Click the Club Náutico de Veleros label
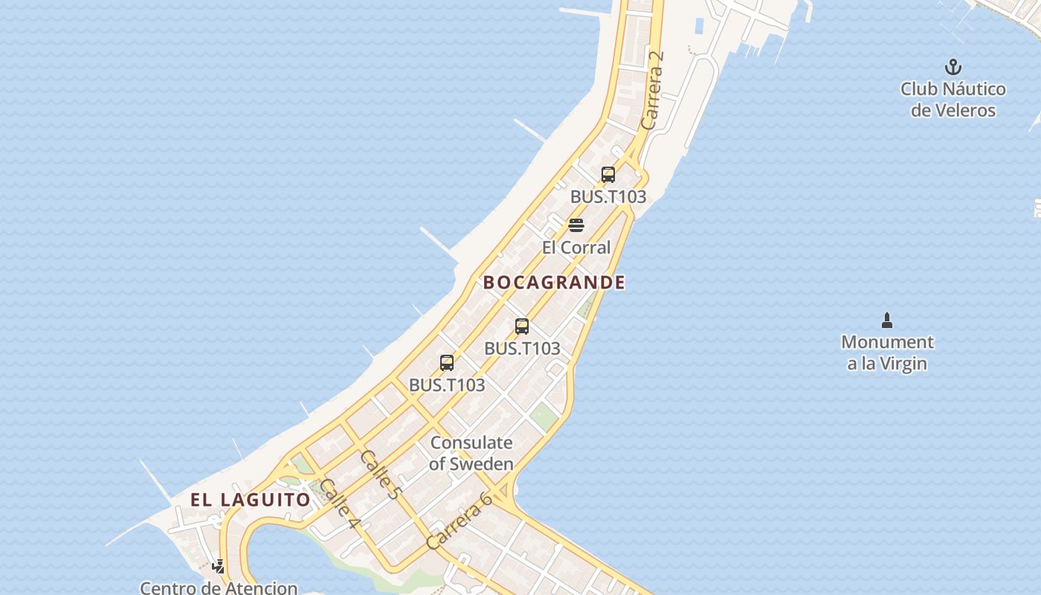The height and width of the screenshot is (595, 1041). (953, 100)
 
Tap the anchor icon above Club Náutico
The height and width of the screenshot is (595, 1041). (953, 68)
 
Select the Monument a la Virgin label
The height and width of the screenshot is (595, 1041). (887, 353)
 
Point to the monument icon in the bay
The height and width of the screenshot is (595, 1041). (886, 321)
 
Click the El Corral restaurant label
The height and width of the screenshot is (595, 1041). (576, 248)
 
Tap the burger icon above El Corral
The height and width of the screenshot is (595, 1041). (576, 225)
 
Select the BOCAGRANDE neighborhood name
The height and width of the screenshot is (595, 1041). (554, 283)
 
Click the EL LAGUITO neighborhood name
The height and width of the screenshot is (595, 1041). (250, 500)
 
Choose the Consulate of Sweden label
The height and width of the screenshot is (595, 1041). (471, 453)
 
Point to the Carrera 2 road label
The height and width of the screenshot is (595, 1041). (651, 89)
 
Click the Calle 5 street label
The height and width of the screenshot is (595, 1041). (380, 474)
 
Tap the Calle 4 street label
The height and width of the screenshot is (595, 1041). (339, 504)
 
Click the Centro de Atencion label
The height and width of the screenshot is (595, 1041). (219, 588)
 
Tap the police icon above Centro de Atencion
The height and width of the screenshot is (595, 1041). (219, 567)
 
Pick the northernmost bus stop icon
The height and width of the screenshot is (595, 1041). (608, 175)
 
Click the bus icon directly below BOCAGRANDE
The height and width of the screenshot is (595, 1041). (522, 326)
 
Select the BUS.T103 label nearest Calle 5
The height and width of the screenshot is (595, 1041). (447, 385)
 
